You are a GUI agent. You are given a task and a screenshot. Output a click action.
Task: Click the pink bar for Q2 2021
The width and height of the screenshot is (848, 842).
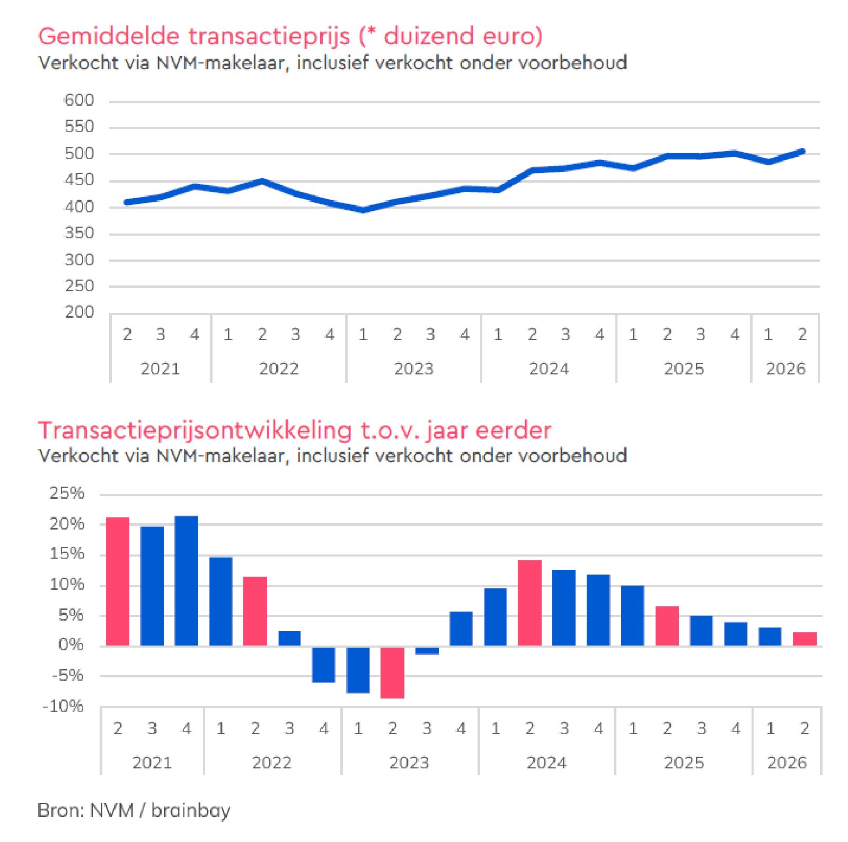118,581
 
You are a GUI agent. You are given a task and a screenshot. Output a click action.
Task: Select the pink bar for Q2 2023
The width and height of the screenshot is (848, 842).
393,672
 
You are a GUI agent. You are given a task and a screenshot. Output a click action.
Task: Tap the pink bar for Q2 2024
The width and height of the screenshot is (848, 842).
529,603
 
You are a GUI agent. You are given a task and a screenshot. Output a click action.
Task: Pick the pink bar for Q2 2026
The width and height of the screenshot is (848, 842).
805,639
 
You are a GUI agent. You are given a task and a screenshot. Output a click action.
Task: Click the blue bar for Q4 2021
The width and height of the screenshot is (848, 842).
187,580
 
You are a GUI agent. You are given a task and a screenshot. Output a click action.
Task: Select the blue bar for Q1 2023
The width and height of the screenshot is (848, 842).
358,669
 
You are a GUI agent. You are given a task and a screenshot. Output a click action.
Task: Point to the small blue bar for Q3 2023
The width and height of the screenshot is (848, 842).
427,650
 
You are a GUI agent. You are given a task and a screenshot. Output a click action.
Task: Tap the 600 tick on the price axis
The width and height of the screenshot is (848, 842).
79,100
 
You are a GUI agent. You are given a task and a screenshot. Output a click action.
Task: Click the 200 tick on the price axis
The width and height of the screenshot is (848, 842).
79,312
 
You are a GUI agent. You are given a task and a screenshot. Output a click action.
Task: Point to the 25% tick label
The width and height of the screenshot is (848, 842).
67,493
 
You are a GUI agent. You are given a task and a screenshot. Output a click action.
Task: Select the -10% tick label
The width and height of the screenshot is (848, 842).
63,706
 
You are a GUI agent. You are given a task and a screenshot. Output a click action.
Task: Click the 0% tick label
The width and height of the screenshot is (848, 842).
72,644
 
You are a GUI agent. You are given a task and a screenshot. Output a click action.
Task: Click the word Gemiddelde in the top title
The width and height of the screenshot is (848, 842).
109,36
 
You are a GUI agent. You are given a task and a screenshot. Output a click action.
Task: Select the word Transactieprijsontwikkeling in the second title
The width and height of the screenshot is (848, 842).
195,431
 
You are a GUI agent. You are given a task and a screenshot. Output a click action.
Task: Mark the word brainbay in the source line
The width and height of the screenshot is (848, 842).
191,811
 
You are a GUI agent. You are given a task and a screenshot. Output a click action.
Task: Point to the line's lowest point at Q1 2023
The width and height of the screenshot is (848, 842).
363,210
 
